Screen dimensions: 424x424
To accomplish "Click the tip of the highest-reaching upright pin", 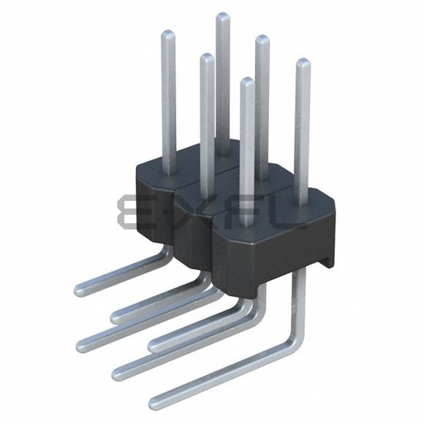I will (x=222, y=17).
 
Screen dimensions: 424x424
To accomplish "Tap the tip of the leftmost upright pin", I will (x=167, y=34).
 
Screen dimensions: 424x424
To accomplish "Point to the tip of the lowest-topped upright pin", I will (x=248, y=81).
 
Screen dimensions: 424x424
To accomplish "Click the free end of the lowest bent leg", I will (x=154, y=401).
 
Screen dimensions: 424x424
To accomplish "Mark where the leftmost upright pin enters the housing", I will (x=168, y=172).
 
